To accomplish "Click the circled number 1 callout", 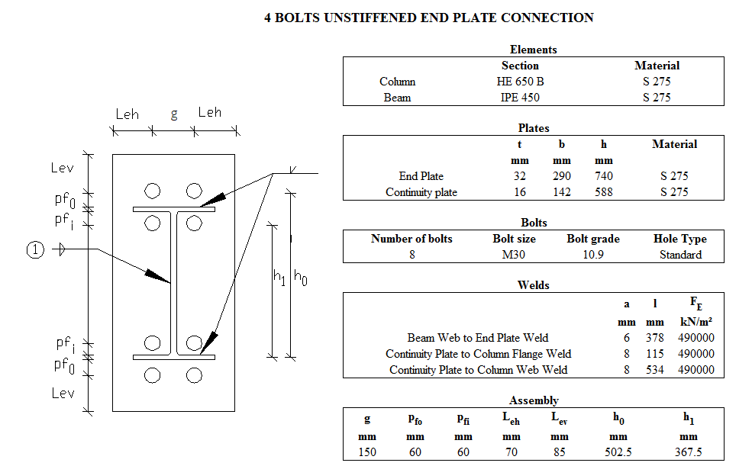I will (x=36, y=249).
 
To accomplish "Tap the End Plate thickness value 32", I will (x=520, y=176).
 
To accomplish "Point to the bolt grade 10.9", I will (x=593, y=255).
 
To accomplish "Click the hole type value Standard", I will (x=680, y=255).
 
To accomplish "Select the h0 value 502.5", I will (x=618, y=452).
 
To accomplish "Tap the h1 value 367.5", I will (x=688, y=452).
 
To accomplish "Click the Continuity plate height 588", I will (x=604, y=192).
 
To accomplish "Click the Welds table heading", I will (x=534, y=285).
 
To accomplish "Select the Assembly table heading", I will (x=534, y=400).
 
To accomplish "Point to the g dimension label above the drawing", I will (x=174, y=114).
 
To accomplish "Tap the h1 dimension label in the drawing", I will (x=279, y=278).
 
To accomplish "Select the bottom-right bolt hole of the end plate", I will (x=194, y=374).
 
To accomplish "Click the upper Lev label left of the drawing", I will (x=63, y=168).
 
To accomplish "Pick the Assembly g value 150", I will (x=367, y=452).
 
